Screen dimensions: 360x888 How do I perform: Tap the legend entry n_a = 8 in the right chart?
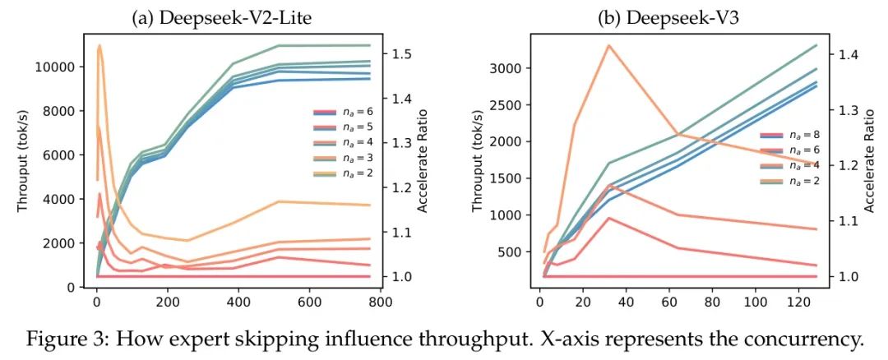(789, 135)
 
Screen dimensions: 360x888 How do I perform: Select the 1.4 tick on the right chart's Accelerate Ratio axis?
(840, 55)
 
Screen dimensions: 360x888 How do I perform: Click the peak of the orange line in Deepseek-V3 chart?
(608, 45)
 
